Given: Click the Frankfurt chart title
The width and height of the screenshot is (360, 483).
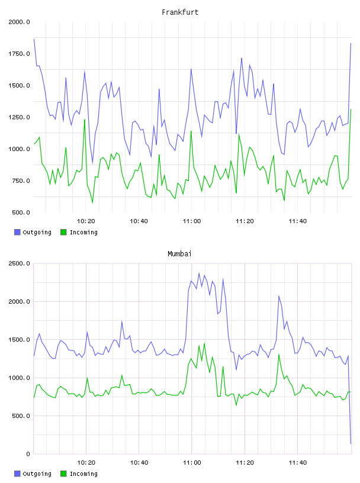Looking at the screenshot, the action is pyautogui.click(x=180, y=12).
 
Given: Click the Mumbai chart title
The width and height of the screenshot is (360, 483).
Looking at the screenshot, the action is pyautogui.click(x=179, y=254).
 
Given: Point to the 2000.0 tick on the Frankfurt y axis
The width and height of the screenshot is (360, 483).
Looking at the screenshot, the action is pyautogui.click(x=19, y=22).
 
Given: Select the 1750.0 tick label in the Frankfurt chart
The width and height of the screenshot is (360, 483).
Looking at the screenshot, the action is pyautogui.click(x=19, y=54).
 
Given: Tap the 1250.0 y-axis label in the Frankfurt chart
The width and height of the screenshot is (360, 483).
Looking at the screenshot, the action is pyautogui.click(x=19, y=117).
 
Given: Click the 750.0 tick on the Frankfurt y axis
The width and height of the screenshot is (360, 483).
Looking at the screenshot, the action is pyautogui.click(x=21, y=181).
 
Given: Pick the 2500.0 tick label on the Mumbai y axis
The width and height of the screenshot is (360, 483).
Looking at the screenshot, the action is pyautogui.click(x=19, y=263).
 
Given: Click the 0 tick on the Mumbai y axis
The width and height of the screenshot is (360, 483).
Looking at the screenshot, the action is pyautogui.click(x=28, y=454).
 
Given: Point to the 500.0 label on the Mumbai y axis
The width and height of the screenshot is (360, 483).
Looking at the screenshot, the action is pyautogui.click(x=21, y=416).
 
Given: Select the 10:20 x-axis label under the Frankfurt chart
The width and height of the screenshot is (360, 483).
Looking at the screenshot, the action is pyautogui.click(x=86, y=221).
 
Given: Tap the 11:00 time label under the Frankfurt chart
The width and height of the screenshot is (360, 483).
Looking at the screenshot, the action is pyautogui.click(x=192, y=221).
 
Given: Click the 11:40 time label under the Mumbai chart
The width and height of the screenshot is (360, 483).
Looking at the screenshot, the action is pyautogui.click(x=298, y=463).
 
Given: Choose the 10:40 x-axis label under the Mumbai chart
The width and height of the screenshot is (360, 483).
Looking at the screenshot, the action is pyautogui.click(x=139, y=463).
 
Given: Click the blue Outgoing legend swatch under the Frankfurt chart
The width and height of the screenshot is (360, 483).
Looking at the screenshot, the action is pyautogui.click(x=17, y=232).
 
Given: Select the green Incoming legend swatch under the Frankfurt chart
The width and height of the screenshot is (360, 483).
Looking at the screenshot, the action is pyautogui.click(x=63, y=232).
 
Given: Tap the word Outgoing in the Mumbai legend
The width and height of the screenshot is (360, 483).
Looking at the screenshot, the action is pyautogui.click(x=37, y=474).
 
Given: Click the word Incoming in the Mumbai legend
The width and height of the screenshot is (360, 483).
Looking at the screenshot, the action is pyautogui.click(x=83, y=474).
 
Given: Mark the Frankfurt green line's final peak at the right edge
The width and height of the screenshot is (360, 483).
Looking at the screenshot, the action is pyautogui.click(x=351, y=110).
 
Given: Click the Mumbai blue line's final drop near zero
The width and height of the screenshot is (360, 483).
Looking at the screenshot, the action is pyautogui.click(x=351, y=443).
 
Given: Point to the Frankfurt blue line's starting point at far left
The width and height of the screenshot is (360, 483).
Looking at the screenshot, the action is pyautogui.click(x=34, y=39).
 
